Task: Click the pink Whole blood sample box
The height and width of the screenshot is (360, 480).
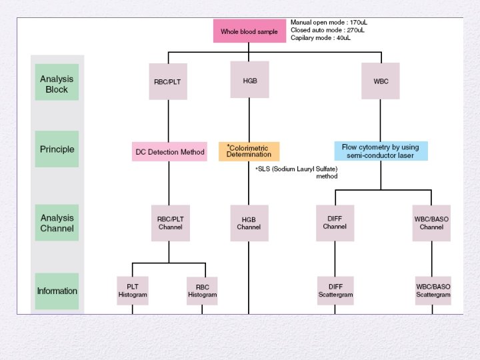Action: pos(249,31)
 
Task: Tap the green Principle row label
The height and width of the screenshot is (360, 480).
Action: pos(57,149)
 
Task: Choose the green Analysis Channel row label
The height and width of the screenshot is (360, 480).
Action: pos(57,223)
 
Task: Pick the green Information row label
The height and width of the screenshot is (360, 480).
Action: pos(57,291)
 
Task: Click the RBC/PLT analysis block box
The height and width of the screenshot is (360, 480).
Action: pos(169,81)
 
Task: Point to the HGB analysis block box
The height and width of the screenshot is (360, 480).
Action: pos(249,81)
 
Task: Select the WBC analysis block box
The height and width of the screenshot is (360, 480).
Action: pos(381,81)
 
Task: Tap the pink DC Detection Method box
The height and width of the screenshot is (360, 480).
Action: pos(170,152)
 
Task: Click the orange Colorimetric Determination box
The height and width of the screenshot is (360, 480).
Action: pos(249,151)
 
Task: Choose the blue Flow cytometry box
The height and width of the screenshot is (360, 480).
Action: pos(381,151)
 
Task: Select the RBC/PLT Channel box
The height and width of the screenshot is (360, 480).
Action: pos(170,223)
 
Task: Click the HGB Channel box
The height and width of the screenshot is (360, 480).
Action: pos(249,223)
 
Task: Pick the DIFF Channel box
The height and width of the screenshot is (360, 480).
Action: pos(335,223)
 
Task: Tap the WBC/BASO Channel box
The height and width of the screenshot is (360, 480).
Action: pos(431,223)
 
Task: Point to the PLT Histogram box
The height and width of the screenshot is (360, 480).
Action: pos(132,291)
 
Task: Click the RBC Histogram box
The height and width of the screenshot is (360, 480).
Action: pos(202,291)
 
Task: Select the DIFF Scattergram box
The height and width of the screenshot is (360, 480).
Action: pos(335,291)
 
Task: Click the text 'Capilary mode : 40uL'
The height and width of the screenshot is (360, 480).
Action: pos(321,38)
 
